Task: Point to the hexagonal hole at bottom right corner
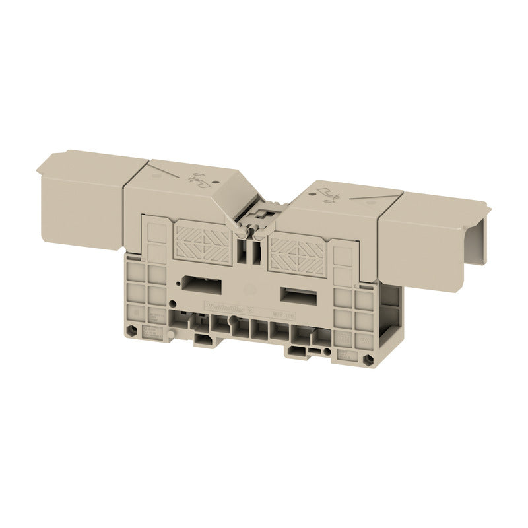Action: click(363, 361)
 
